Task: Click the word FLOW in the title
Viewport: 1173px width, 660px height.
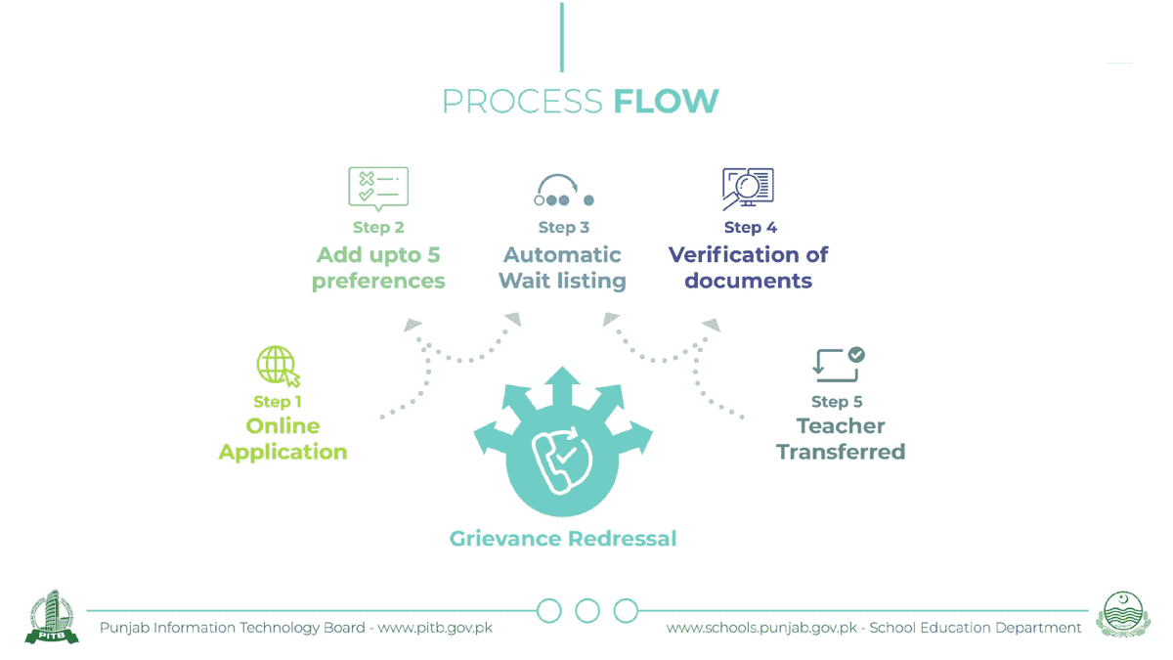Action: (x=666, y=101)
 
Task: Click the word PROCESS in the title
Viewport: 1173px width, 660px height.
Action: (x=522, y=101)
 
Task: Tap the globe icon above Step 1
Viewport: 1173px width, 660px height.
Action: (x=278, y=367)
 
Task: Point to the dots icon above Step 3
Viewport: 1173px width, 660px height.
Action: (x=564, y=191)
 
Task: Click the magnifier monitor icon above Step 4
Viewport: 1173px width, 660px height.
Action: (x=748, y=189)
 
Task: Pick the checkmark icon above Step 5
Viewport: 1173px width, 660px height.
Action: (x=839, y=364)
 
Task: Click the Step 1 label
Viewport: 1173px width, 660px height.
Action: (x=278, y=402)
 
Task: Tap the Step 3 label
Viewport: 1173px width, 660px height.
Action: (x=564, y=228)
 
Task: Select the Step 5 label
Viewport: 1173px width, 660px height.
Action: (x=837, y=402)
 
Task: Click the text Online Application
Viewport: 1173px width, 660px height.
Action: (x=282, y=439)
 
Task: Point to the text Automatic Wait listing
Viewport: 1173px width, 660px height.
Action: (x=562, y=268)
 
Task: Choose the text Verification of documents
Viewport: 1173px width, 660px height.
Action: (x=748, y=268)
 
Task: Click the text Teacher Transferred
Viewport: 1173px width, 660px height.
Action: (x=841, y=439)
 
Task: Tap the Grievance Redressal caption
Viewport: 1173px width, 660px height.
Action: (x=563, y=539)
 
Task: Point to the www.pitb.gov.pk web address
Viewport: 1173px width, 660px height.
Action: (x=435, y=628)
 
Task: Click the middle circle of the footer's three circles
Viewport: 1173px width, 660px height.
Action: (x=586, y=611)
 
